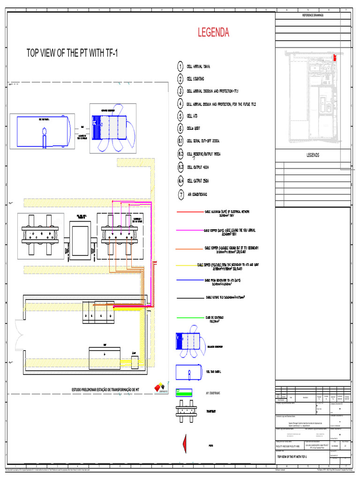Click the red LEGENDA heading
click(x=213, y=33)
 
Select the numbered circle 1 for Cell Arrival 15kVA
click(x=180, y=67)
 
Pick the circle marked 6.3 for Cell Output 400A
click(x=180, y=167)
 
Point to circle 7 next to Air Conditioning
click(x=180, y=194)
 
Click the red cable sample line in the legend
click(x=189, y=213)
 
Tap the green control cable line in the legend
click(x=189, y=319)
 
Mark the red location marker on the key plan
click(x=335, y=58)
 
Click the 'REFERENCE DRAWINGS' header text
click(x=313, y=15)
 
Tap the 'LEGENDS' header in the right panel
click(x=313, y=155)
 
